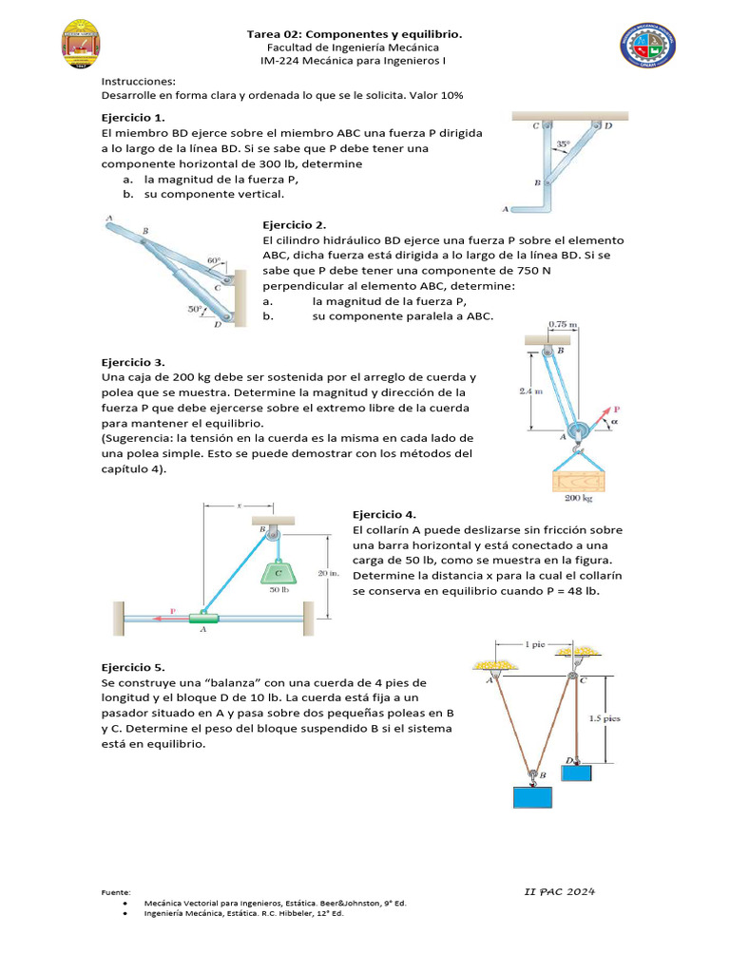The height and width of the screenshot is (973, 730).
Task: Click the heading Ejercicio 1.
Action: click(133, 118)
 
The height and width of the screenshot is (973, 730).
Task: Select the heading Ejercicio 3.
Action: click(133, 362)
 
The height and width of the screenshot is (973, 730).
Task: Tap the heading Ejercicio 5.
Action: click(133, 667)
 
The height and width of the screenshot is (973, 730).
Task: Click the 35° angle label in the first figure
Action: click(563, 145)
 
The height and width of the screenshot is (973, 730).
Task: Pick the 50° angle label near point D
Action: click(196, 309)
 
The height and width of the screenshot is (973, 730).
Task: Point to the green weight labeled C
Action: click(278, 572)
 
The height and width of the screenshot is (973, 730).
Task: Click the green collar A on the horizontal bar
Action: click(203, 619)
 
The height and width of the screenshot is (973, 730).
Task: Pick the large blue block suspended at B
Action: click(533, 796)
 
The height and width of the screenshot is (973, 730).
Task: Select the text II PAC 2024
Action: click(560, 891)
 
